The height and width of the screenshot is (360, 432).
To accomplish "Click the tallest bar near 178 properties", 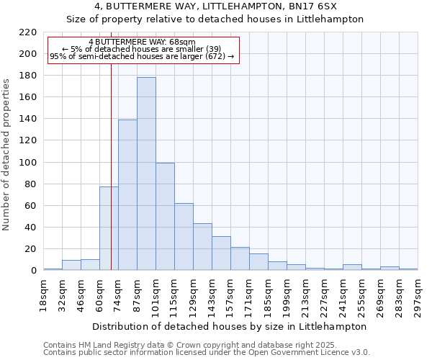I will click(x=146, y=174).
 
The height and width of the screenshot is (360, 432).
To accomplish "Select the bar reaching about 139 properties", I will click(x=127, y=194).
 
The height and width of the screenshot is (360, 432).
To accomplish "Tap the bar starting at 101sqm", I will click(x=165, y=216).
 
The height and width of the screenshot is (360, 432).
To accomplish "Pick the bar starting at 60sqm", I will click(x=109, y=228).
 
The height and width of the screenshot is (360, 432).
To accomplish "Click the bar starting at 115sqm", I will click(x=184, y=237).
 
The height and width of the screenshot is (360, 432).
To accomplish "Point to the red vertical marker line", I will click(x=111, y=166).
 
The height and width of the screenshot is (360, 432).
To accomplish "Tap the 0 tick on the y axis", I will click(x=33, y=271).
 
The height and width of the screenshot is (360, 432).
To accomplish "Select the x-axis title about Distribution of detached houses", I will click(x=230, y=326).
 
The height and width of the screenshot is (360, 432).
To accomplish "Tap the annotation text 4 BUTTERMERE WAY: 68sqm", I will click(x=142, y=42).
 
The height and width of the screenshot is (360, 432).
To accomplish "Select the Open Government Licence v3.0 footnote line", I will click(x=207, y=352).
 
